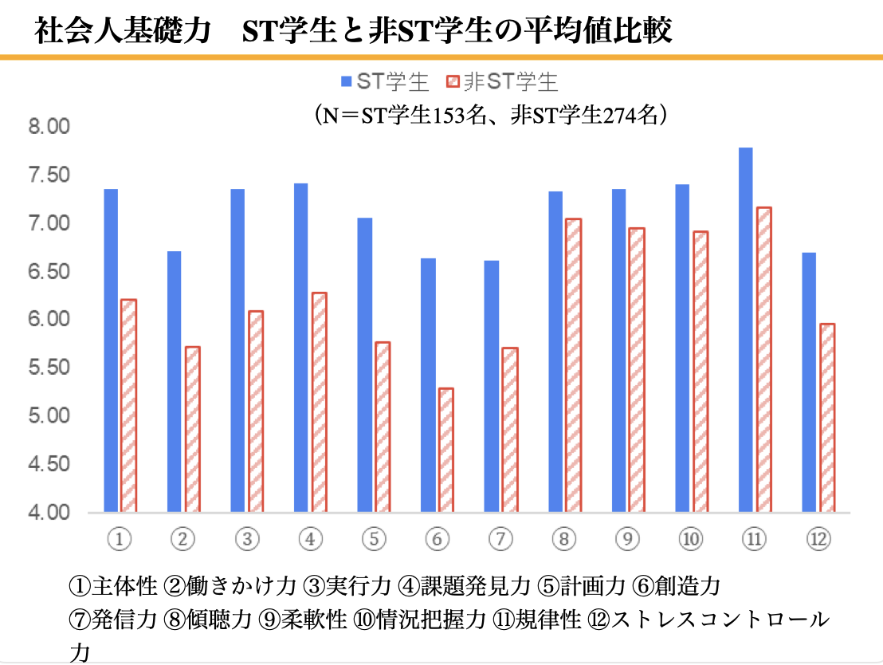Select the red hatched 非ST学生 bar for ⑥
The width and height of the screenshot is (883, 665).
pyautogui.click(x=446, y=450)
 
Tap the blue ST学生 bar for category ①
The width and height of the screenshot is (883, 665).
pyautogui.click(x=111, y=350)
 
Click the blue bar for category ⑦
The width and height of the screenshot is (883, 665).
pyautogui.click(x=492, y=386)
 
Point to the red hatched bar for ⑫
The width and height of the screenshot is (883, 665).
pyautogui.click(x=826, y=418)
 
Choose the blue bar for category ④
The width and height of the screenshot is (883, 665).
pyautogui.click(x=300, y=348)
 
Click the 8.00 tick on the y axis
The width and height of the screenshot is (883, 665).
pyautogui.click(x=49, y=127)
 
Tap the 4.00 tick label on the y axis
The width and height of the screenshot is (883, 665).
pyautogui.click(x=49, y=513)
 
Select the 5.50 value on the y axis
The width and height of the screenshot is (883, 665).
pyautogui.click(x=49, y=368)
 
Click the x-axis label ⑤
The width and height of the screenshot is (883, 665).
pyautogui.click(x=373, y=540)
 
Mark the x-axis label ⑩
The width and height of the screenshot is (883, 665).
pyautogui.click(x=690, y=540)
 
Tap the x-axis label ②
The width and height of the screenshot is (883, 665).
pyautogui.click(x=182, y=540)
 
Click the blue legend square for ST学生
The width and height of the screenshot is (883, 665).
pyautogui.click(x=346, y=81)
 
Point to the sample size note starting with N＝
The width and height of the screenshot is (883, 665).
pyautogui.click(x=491, y=115)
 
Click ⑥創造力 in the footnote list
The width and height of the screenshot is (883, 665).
pyautogui.click(x=677, y=587)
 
